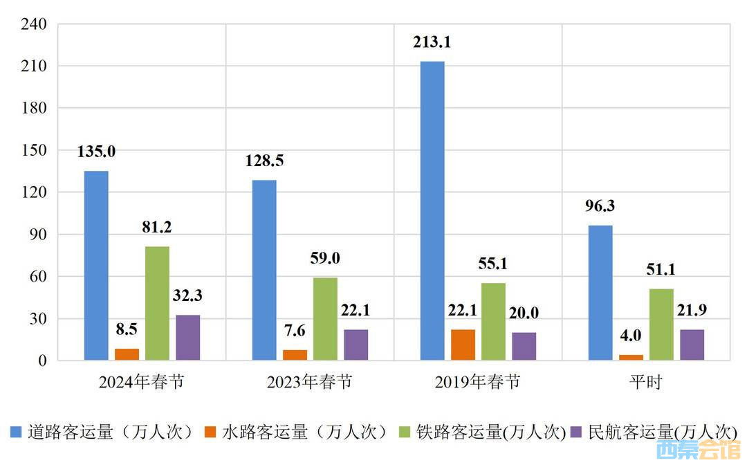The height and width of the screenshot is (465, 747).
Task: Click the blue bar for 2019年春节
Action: pyautogui.click(x=432, y=211)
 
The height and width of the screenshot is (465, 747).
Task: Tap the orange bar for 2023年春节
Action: pyautogui.click(x=295, y=355)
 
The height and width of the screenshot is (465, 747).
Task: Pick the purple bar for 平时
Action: pyautogui.click(x=692, y=345)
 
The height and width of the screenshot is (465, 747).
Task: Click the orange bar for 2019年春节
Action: pyautogui.click(x=463, y=345)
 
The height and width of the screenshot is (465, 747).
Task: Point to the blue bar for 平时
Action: pyautogui.click(x=600, y=293)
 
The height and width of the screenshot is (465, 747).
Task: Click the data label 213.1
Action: pyautogui.click(x=432, y=43)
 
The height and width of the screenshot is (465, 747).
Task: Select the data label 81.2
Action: pyautogui.click(x=157, y=228)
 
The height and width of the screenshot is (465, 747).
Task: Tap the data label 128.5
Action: pyautogui.click(x=264, y=161)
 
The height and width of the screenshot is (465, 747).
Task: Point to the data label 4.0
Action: pyautogui.click(x=631, y=336)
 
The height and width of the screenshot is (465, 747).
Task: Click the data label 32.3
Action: pyautogui.click(x=187, y=296)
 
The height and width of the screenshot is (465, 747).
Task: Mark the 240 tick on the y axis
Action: pyautogui.click(x=34, y=24)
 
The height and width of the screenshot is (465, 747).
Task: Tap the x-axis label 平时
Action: pyautogui.click(x=646, y=382)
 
